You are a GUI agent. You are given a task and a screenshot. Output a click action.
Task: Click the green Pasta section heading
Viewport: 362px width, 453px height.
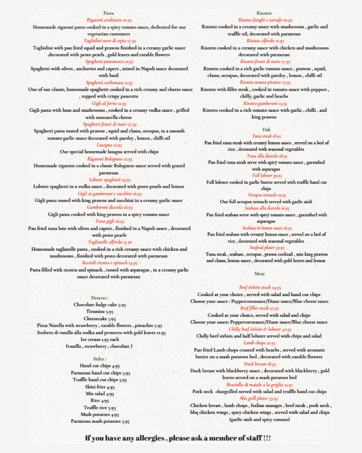109,13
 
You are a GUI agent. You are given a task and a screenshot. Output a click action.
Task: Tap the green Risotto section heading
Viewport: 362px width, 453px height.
264,13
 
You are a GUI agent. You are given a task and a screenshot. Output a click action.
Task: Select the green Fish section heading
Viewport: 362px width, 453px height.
267,129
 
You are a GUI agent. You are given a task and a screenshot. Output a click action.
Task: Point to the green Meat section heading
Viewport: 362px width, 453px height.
259,274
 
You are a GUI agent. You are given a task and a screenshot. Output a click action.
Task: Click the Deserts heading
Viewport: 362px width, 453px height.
100,298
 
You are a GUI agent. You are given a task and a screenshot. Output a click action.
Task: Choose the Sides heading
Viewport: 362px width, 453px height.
100,359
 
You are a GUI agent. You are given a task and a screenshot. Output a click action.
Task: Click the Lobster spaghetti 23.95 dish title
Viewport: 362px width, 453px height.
110,180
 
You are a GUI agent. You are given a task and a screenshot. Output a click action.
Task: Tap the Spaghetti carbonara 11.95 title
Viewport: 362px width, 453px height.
109,83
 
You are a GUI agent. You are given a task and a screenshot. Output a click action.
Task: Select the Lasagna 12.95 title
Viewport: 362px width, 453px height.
109,145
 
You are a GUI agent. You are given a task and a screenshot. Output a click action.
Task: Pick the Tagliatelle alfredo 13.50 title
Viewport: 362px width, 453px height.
110,242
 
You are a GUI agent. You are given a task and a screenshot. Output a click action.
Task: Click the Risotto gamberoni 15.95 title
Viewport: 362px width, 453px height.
265,103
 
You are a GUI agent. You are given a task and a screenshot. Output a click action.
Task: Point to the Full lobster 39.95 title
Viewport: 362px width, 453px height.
267,176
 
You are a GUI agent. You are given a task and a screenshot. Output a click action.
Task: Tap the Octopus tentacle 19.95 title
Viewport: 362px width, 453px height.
267,195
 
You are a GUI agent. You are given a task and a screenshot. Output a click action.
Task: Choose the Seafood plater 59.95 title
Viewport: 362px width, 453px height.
267,248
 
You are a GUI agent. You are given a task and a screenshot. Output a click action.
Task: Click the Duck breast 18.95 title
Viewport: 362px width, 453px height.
260,364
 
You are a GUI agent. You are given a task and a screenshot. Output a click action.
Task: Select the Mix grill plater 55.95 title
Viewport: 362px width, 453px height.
259,398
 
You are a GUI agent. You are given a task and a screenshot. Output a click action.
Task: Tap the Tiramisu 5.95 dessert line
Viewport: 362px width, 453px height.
100,312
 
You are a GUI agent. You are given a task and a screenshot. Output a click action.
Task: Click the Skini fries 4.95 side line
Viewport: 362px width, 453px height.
100,387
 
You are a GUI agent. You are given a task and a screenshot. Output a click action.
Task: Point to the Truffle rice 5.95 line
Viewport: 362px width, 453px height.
100,408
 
